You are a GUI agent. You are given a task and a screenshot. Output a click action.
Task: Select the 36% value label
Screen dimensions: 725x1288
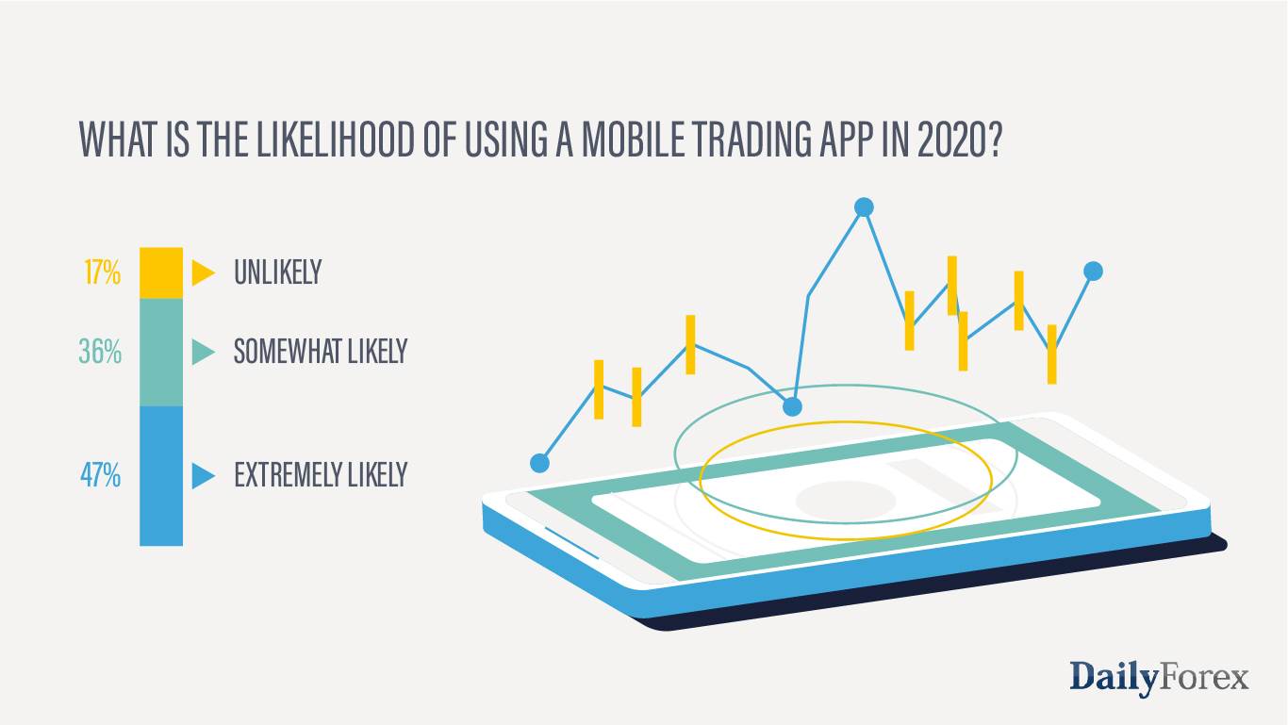click(x=100, y=353)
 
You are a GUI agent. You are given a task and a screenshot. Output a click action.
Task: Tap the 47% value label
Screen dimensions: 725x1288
click(x=100, y=475)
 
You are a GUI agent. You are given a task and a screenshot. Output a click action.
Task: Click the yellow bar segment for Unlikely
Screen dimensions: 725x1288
click(x=161, y=273)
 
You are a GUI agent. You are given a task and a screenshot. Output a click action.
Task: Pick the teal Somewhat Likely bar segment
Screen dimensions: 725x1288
click(x=161, y=353)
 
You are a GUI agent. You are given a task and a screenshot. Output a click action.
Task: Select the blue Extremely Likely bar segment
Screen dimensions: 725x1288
click(x=161, y=475)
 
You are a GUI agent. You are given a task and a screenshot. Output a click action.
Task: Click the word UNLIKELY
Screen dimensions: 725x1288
click(x=277, y=273)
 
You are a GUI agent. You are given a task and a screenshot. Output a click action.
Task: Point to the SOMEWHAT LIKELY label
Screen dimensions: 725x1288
click(x=321, y=353)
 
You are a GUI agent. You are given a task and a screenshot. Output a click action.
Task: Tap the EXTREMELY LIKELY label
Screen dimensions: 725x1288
click(x=321, y=475)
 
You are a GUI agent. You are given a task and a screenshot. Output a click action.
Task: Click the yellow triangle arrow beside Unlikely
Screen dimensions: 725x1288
click(x=203, y=272)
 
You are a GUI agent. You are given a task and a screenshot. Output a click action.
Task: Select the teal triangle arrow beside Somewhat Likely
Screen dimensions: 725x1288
click(x=203, y=353)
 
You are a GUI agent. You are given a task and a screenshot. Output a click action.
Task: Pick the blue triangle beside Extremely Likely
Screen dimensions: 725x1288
click(x=203, y=475)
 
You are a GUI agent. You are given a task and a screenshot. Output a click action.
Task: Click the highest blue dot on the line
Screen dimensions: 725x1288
click(x=863, y=207)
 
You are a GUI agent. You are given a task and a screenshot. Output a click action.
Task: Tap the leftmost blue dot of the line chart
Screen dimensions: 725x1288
click(x=539, y=463)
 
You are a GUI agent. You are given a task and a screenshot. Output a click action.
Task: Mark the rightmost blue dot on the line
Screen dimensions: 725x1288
click(x=1093, y=272)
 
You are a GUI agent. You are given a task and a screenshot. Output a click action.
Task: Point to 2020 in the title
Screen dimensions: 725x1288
click(x=955, y=140)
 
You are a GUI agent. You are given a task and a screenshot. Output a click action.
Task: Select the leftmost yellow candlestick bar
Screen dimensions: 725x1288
click(x=598, y=388)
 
